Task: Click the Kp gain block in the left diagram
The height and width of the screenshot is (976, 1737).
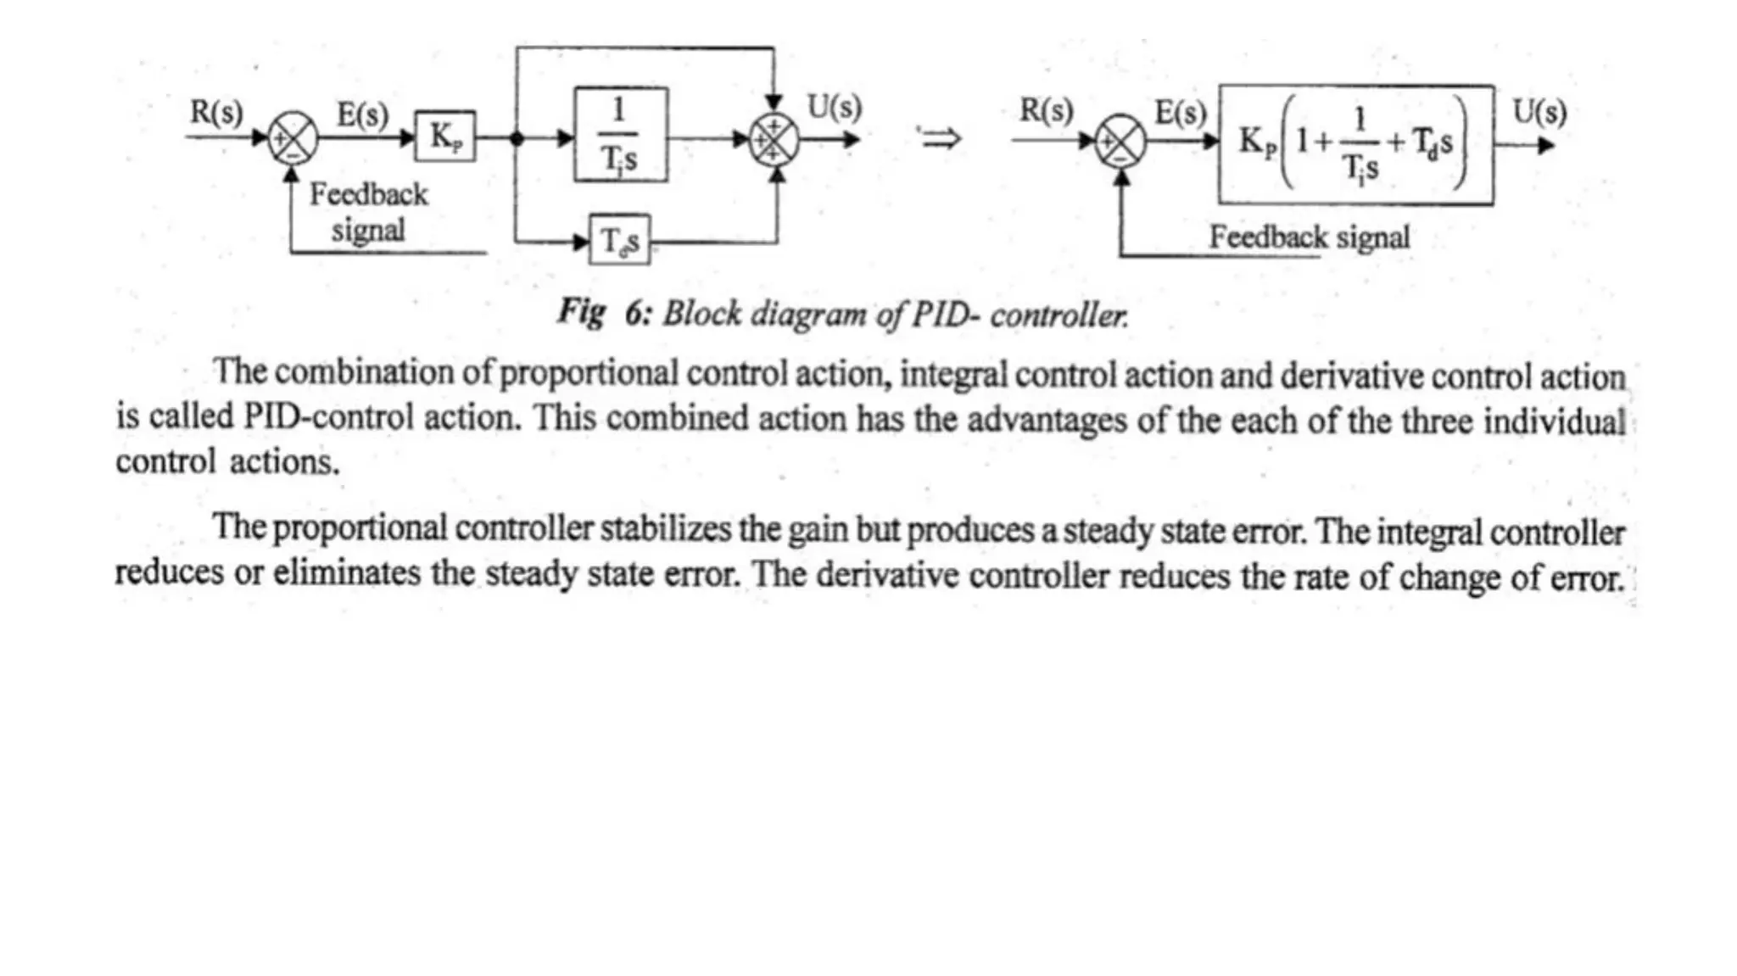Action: [x=445, y=137]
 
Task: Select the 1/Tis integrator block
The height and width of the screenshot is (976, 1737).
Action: [x=620, y=135]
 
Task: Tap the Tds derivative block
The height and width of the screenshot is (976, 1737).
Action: [x=619, y=241]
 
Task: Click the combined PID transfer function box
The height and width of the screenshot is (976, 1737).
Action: [x=1355, y=144]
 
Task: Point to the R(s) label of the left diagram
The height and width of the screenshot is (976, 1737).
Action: [x=216, y=112]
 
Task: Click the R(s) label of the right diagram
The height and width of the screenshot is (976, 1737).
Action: [x=1046, y=110]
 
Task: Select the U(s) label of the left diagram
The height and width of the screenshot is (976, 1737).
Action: [x=834, y=108]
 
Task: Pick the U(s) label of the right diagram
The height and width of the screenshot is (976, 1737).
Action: [x=1539, y=112]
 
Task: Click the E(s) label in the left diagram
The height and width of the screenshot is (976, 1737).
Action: [x=362, y=114]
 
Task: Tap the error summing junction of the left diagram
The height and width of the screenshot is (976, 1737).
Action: [x=293, y=139]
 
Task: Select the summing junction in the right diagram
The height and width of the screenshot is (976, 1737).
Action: [x=1120, y=142]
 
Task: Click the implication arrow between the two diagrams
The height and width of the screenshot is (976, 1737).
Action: [x=940, y=137]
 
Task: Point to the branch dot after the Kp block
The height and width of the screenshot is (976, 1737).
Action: [x=517, y=138]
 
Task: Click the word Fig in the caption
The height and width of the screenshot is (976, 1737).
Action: [x=581, y=312]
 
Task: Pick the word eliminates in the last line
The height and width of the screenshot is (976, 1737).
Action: [x=346, y=573]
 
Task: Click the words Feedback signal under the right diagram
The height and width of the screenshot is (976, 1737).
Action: [x=1309, y=237]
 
